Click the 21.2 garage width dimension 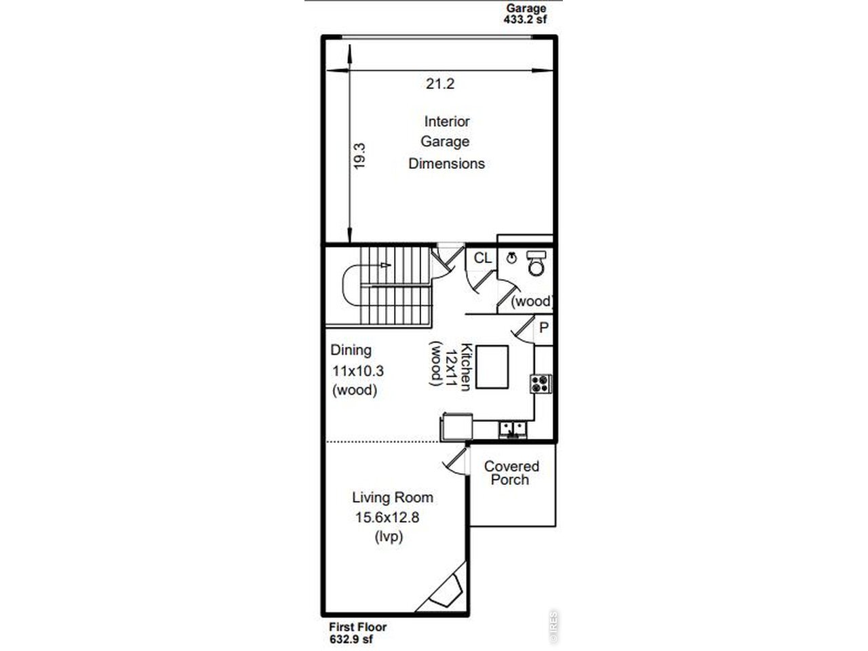coord(439,84)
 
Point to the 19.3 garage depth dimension coord(359,157)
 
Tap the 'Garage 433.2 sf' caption coord(526,14)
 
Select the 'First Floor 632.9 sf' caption coord(358,633)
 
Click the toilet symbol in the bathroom coord(536,263)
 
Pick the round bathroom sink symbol coord(512,258)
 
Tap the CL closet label coord(482,258)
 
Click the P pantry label coord(544,328)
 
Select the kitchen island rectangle coord(492,367)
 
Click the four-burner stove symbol coord(540,384)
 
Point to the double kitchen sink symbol coord(513,430)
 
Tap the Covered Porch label coord(511,473)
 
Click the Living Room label coord(393,497)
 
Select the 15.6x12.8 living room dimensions coord(387,517)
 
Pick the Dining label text coord(351,350)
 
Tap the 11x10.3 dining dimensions coord(358,371)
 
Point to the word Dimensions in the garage coord(446,163)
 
